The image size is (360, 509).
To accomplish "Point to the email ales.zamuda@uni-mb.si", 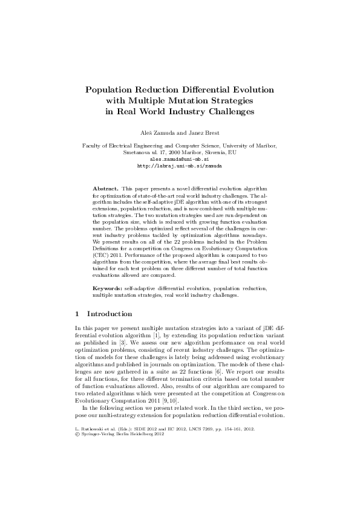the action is coord(180,158).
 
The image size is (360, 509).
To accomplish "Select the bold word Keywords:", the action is coord(107,290).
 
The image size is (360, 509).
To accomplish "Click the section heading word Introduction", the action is coord(110,314).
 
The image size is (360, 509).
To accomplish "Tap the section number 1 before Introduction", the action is coord(76,314).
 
